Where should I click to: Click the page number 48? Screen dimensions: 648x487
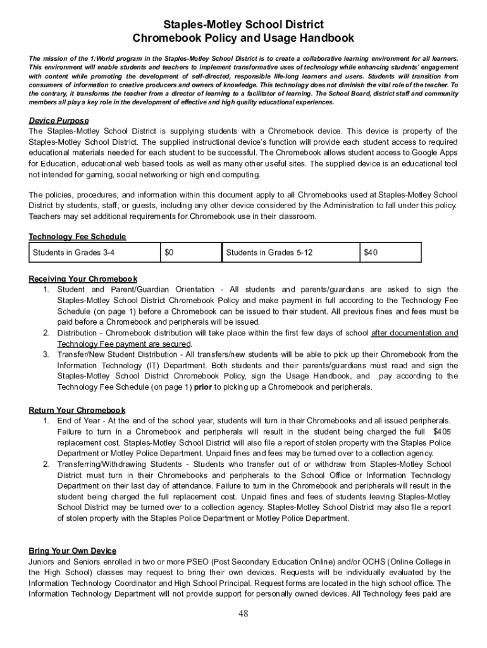click(x=244, y=614)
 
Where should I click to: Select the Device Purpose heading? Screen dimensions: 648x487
click(x=59, y=120)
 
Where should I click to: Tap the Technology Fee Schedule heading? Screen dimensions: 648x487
click(x=78, y=237)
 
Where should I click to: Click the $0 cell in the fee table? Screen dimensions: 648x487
click(x=169, y=252)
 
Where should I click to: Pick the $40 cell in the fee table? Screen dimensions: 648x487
click(x=371, y=252)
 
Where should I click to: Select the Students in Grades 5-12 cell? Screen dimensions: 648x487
click(x=269, y=252)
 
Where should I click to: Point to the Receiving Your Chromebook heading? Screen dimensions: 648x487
click(x=83, y=279)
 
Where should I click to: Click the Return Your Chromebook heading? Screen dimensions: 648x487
click(x=77, y=410)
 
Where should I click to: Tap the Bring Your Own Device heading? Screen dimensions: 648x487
click(x=73, y=551)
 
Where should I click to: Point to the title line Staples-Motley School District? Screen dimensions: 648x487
click(x=244, y=25)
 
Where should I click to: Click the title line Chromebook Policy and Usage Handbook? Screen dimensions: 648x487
click(x=244, y=39)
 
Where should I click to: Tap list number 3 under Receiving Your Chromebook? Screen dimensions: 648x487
click(x=46, y=354)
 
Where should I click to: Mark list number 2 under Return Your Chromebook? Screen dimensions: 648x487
click(x=46, y=464)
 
